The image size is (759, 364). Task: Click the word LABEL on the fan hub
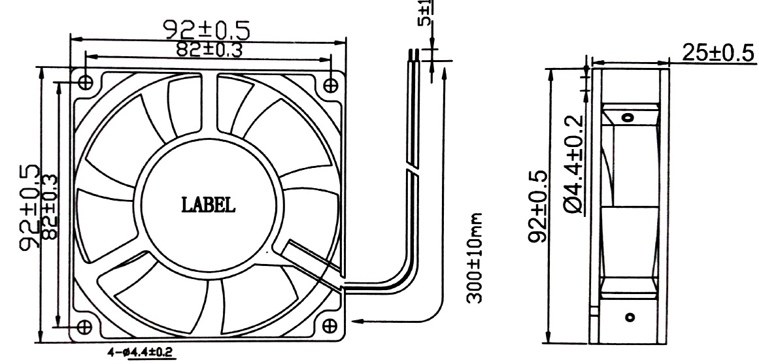(x=208, y=205)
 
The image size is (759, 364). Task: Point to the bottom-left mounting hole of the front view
(x=84, y=325)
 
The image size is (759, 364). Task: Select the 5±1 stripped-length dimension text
(x=426, y=12)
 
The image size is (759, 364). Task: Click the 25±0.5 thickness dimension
(x=718, y=53)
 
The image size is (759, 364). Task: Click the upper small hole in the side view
(x=628, y=118)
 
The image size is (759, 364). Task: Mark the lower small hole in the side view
(x=629, y=319)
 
